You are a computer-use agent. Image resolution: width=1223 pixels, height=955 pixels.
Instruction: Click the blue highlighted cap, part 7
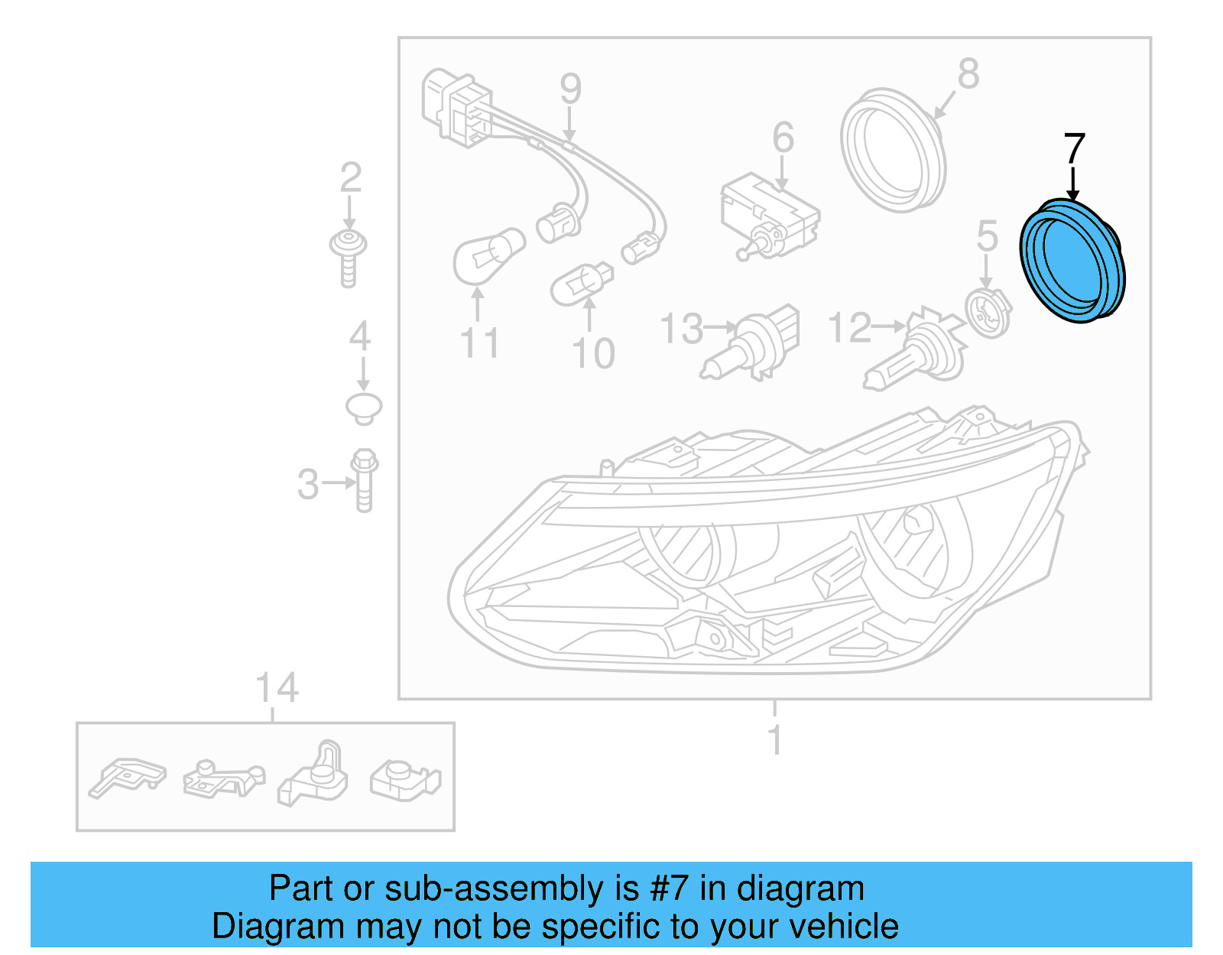tap(1072, 260)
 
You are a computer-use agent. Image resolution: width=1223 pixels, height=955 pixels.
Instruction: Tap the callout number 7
tap(1074, 149)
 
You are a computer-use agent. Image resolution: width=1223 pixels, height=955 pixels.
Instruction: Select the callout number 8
tap(968, 75)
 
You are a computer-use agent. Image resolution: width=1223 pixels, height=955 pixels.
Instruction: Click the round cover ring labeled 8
tap(893, 150)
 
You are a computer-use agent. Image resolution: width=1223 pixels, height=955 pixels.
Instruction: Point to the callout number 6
tap(783, 138)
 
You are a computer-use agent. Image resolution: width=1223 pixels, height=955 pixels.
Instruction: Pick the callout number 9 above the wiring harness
tap(570, 89)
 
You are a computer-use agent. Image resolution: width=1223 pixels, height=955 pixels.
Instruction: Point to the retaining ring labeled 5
tap(988, 312)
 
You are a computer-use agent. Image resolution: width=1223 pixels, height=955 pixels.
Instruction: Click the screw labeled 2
tap(349, 256)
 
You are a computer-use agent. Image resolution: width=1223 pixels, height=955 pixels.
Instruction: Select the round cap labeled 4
tap(364, 407)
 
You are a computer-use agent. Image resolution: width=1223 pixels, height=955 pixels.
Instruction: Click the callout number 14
tap(276, 688)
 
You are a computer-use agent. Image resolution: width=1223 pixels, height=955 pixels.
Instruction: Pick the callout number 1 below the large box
tap(775, 739)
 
